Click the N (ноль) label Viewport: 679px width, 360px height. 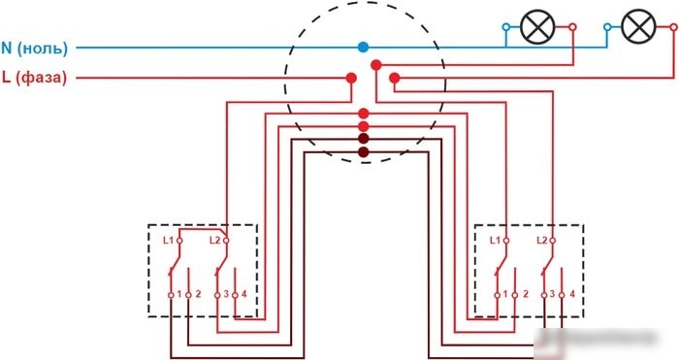pyautogui.click(x=35, y=49)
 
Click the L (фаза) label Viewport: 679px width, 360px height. pyautogui.click(x=35, y=78)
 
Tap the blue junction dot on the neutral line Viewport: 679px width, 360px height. pyautogui.click(x=364, y=48)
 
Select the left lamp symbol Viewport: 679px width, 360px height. pyautogui.click(x=537, y=27)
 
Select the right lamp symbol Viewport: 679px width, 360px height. pyautogui.click(x=638, y=27)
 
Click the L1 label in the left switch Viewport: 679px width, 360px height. pyautogui.click(x=168, y=240)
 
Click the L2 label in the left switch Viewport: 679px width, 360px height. pyautogui.click(x=214, y=240)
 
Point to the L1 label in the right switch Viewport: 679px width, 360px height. pyautogui.click(x=495, y=240)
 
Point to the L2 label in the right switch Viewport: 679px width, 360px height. pyautogui.click(x=541, y=240)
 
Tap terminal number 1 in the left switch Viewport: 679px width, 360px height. pyautogui.click(x=179, y=294)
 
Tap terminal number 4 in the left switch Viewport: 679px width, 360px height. pyautogui.click(x=244, y=294)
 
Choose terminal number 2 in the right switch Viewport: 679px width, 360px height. pyautogui.click(x=526, y=294)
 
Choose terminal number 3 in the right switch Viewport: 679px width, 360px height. pyautogui.click(x=552, y=294)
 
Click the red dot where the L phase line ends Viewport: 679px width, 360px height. pyautogui.click(x=351, y=78)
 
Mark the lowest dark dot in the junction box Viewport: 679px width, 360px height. pyautogui.click(x=364, y=152)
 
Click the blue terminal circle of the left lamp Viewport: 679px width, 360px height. pyautogui.click(x=505, y=27)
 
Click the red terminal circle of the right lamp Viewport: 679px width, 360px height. pyautogui.click(x=673, y=27)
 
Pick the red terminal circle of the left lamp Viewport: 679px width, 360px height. pyautogui.click(x=572, y=27)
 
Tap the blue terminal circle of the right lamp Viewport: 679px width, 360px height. pyautogui.click(x=607, y=27)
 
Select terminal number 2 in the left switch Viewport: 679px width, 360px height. pyautogui.click(x=198, y=294)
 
